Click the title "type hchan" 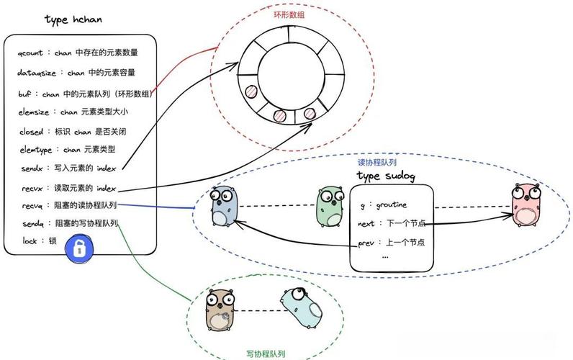click(x=73, y=19)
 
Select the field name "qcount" click(x=32, y=53)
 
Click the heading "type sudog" click(x=387, y=176)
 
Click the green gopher click(x=330, y=207)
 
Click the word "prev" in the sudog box click(x=366, y=243)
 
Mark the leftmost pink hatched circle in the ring click(x=251, y=93)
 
